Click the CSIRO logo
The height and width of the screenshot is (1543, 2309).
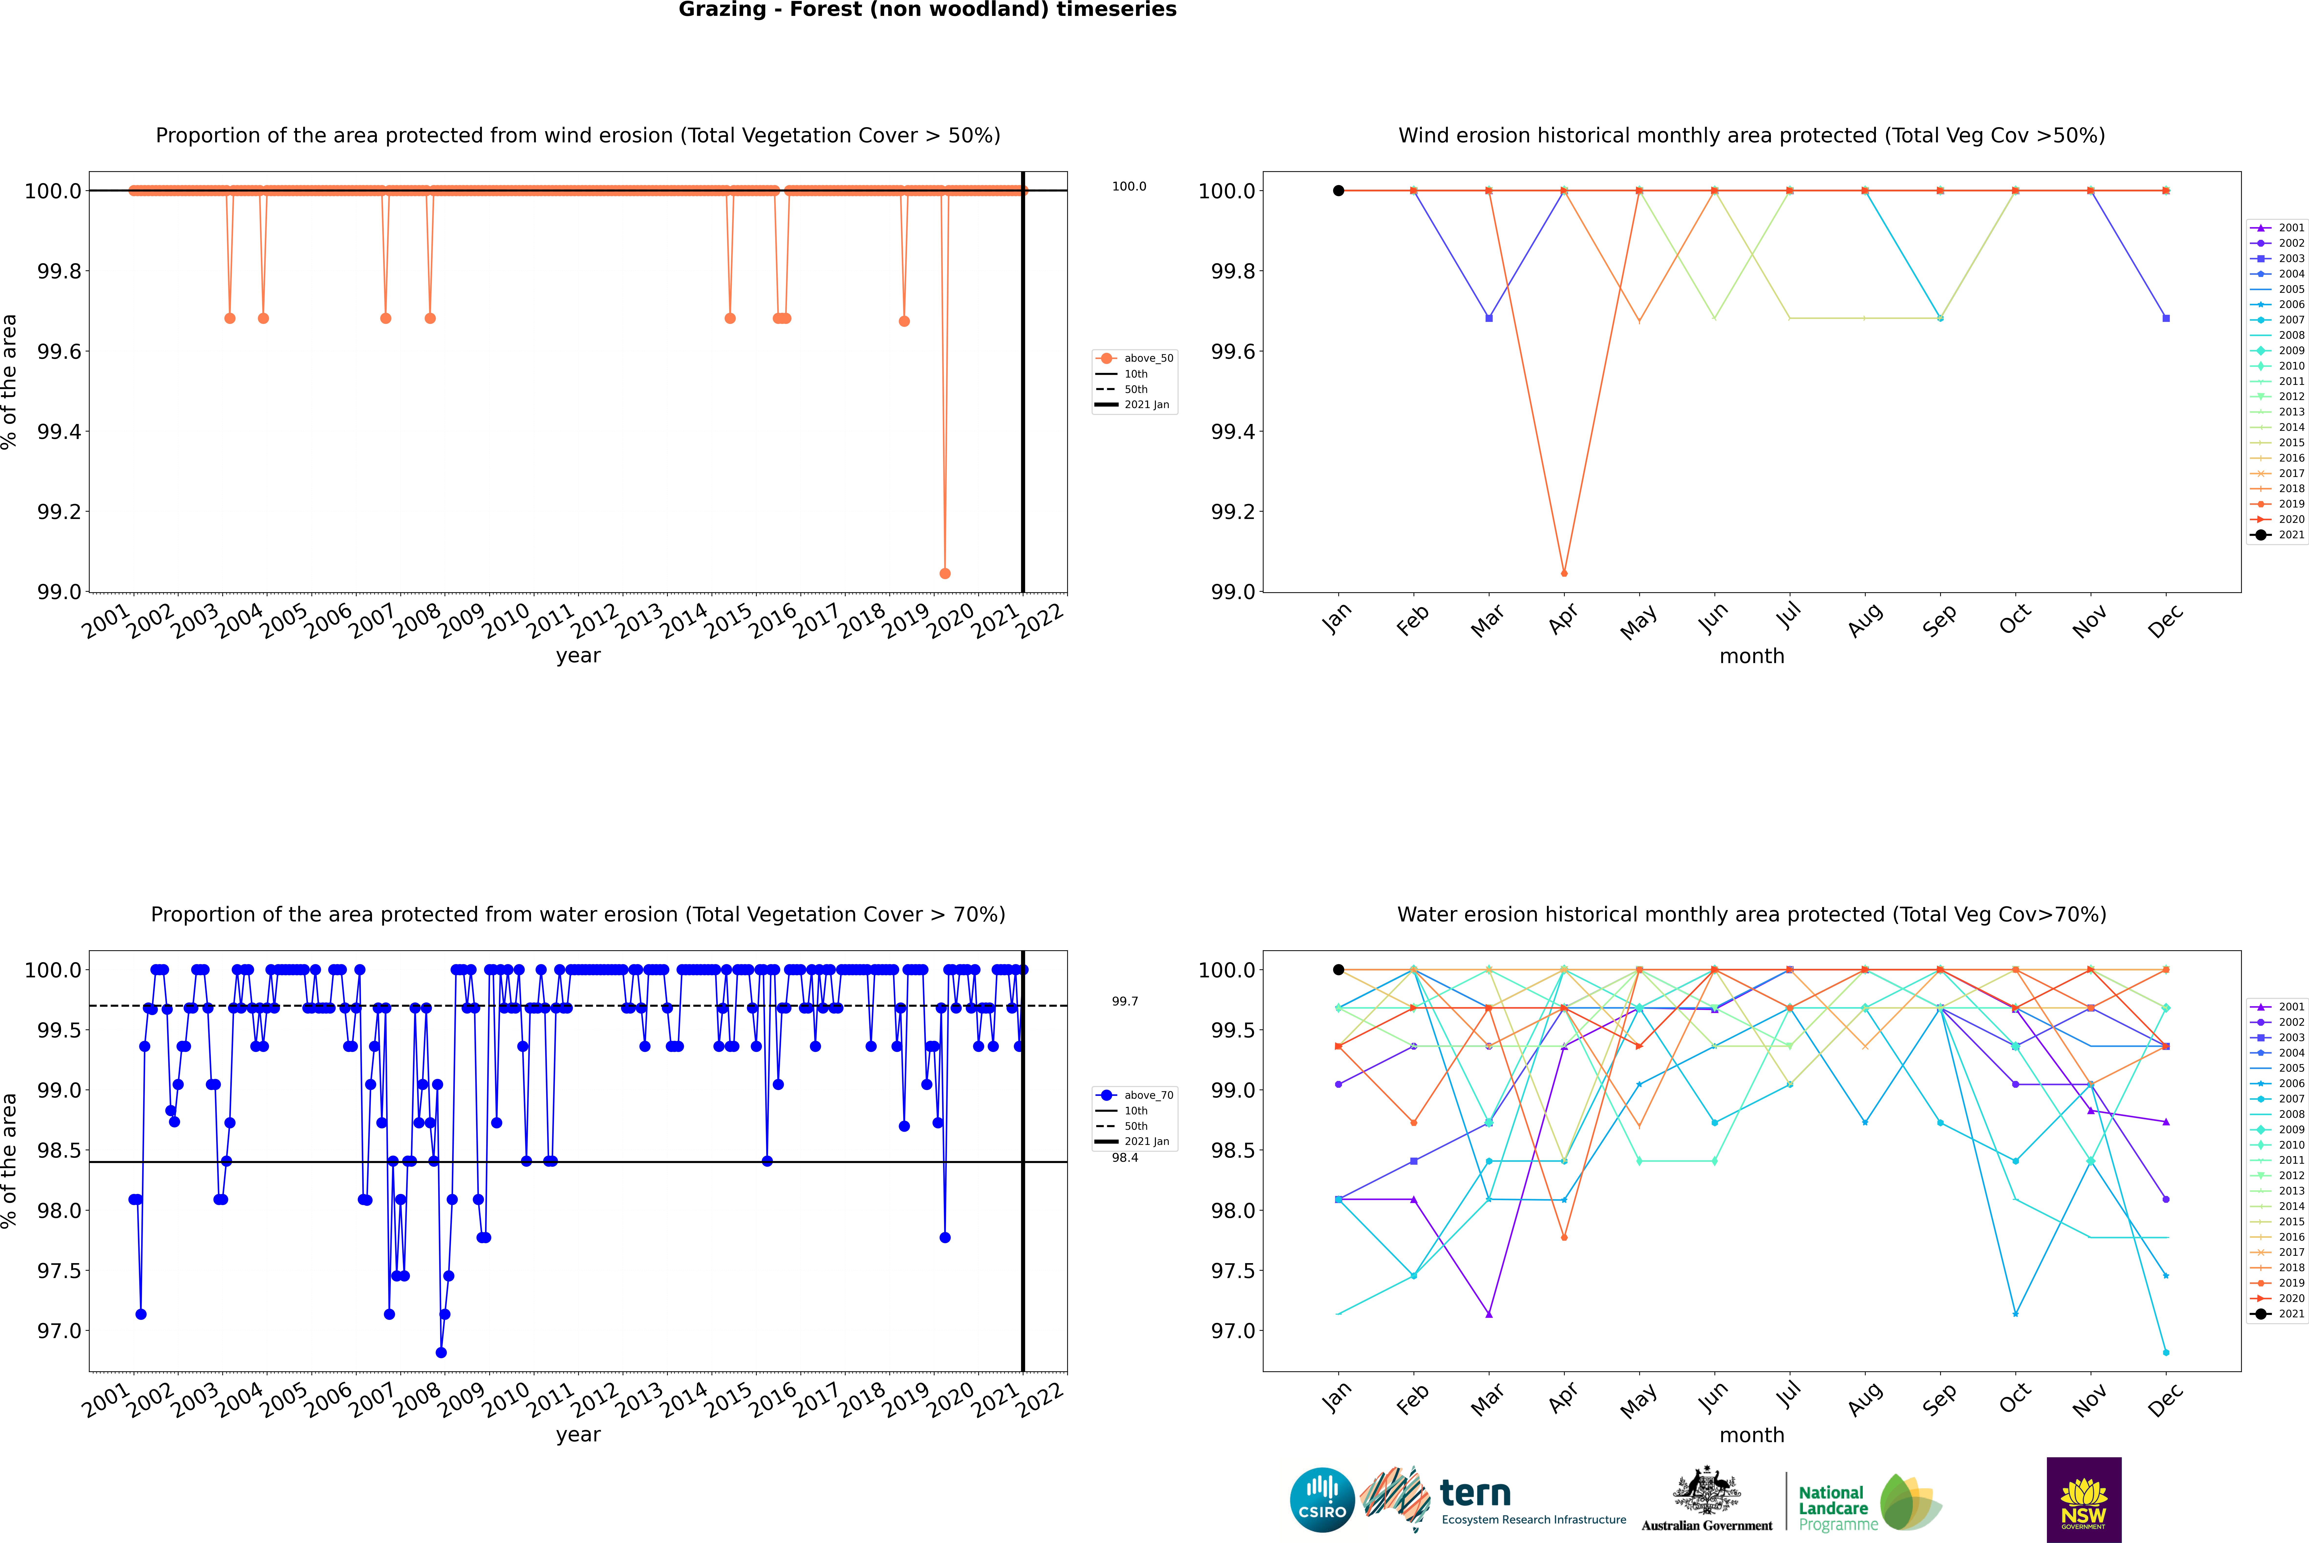(1322, 1500)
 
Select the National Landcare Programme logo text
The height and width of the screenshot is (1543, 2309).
(1833, 1508)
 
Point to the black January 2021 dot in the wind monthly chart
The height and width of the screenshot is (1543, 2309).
(1339, 191)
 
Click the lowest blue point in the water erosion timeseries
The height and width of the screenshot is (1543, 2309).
(441, 1352)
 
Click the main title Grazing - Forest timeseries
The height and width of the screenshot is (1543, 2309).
(927, 10)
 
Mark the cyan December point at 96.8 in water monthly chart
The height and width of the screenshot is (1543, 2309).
(2165, 1352)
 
